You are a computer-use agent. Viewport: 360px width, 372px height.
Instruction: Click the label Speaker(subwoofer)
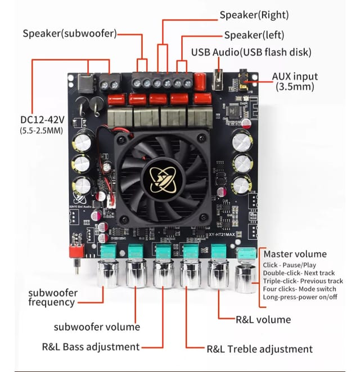tap(70, 33)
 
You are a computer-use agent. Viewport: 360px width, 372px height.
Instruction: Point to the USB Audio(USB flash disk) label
tap(251, 52)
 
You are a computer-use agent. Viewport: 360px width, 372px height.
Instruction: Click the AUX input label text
tap(295, 77)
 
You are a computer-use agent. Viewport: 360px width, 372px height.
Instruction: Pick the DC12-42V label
tap(42, 120)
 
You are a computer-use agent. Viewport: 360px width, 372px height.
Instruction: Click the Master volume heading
tap(295, 254)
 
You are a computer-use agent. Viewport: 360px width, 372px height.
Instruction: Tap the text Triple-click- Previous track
tap(303, 281)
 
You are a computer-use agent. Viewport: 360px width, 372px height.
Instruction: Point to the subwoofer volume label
tap(97, 326)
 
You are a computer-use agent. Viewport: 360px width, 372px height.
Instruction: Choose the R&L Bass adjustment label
tap(91, 347)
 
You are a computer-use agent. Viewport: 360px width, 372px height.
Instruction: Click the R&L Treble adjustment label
tap(259, 349)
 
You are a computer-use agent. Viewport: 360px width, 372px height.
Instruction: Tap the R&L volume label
tap(263, 320)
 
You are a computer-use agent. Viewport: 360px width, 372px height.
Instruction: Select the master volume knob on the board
tap(245, 276)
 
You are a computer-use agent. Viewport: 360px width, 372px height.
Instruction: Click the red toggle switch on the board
tap(75, 251)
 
